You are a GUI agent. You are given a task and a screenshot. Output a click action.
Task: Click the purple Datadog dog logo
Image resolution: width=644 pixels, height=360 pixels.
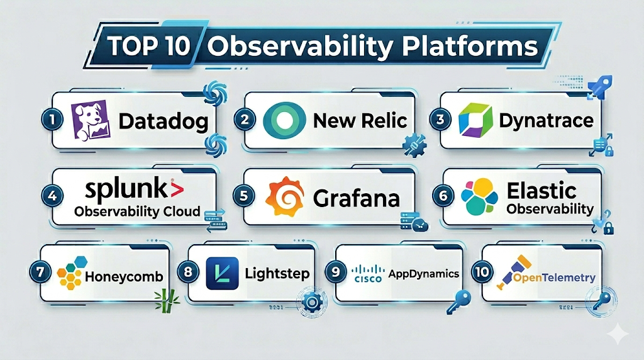91,120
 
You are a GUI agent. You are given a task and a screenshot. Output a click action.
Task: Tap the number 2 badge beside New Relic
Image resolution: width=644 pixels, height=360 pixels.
245,120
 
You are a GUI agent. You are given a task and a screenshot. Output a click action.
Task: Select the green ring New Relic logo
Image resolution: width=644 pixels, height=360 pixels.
284,120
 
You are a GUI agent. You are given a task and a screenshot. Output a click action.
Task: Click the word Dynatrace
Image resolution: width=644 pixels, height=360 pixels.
546,121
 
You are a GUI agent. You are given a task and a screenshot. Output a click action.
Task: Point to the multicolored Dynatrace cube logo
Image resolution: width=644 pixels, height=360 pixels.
475,120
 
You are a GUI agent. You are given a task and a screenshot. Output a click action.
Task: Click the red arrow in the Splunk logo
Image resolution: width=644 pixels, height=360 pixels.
176,189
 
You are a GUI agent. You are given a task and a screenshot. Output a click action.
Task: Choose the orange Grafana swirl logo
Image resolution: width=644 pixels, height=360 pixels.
285,197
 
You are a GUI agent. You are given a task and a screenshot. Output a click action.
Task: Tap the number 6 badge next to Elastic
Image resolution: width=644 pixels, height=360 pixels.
443,195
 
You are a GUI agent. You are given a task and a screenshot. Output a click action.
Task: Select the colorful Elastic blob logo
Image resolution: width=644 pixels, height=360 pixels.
479,196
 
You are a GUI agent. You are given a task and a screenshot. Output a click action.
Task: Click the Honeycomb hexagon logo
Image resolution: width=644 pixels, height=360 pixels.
72,273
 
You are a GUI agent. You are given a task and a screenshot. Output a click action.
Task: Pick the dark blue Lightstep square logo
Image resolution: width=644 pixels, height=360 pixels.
222,273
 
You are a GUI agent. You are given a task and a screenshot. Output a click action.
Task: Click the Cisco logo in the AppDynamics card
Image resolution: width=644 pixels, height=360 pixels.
368,273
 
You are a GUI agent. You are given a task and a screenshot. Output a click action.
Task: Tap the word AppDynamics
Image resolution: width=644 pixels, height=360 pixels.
424,274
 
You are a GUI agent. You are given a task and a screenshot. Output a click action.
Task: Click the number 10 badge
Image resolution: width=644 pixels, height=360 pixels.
482,272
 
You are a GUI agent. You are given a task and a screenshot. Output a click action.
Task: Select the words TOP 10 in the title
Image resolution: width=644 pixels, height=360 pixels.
149,45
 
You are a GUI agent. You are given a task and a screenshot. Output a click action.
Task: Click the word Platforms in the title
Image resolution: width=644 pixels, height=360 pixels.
470,47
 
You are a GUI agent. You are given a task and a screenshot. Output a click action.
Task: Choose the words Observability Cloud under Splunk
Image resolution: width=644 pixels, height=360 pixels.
137,211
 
